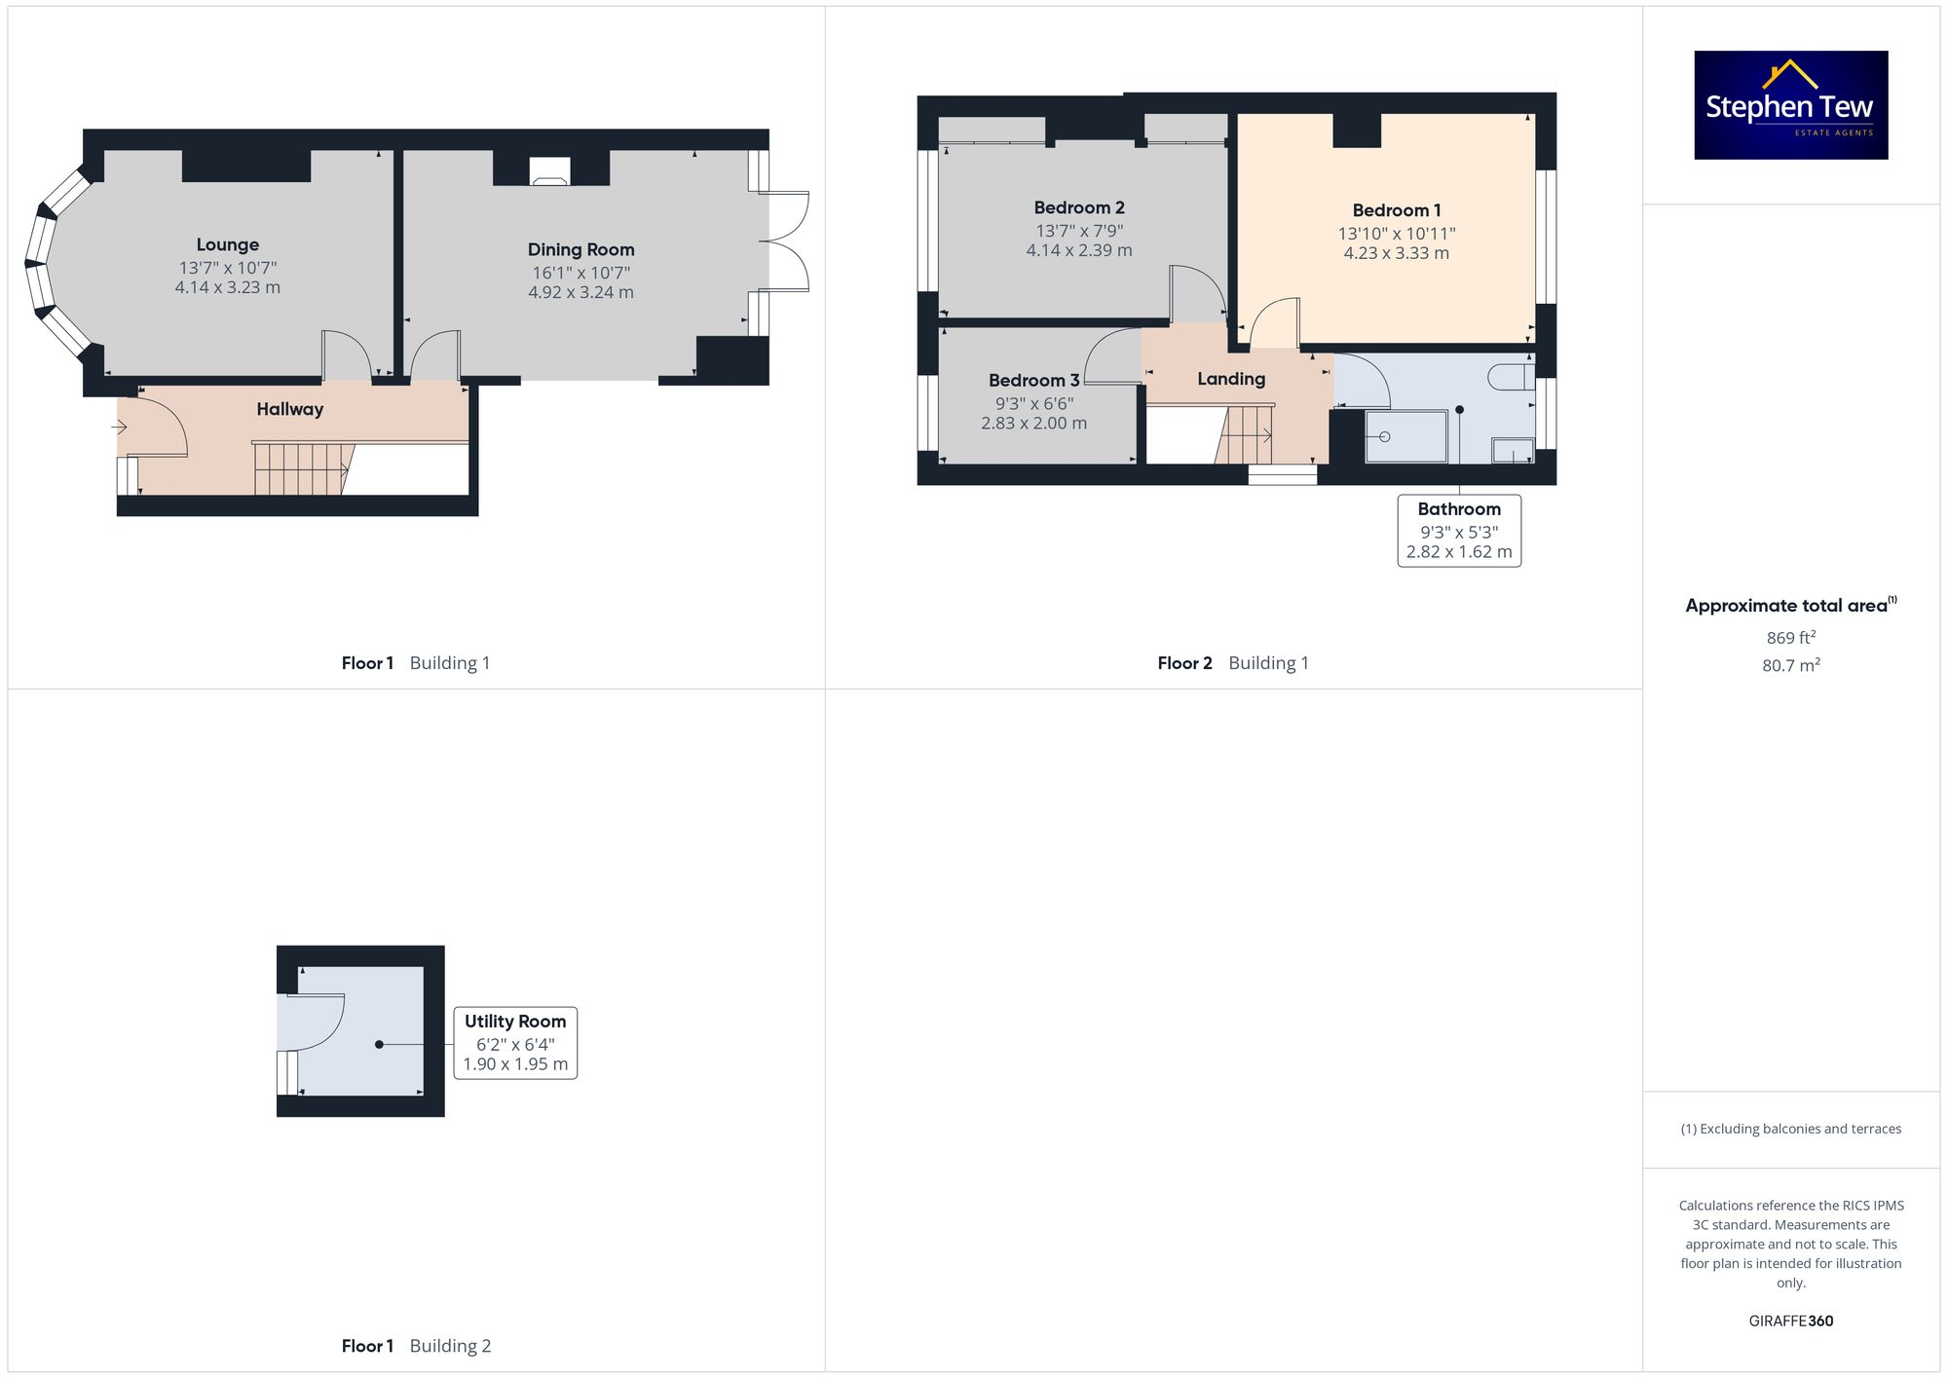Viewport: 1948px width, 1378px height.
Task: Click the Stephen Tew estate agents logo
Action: pyautogui.click(x=1790, y=105)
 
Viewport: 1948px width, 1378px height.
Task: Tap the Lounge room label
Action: pyautogui.click(x=227, y=244)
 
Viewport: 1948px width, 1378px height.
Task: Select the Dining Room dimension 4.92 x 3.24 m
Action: pyautogui.click(x=581, y=292)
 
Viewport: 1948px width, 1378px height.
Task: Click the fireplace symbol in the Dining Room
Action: pyautogui.click(x=550, y=172)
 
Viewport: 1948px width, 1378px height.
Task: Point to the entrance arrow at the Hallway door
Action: pyautogui.click(x=120, y=427)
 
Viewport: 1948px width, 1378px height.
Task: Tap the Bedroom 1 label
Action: pyautogui.click(x=1396, y=210)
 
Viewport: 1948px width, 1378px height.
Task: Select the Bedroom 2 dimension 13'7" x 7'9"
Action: pyautogui.click(x=1078, y=231)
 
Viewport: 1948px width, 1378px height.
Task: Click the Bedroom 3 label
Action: pyautogui.click(x=1033, y=381)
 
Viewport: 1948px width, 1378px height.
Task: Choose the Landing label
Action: pyautogui.click(x=1231, y=379)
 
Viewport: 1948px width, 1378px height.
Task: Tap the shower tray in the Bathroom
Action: pyautogui.click(x=1405, y=436)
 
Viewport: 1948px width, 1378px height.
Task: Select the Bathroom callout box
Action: pyautogui.click(x=1458, y=531)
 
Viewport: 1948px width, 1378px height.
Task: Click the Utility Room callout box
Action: pyautogui.click(x=515, y=1043)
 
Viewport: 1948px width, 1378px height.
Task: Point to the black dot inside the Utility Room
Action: pyautogui.click(x=379, y=1044)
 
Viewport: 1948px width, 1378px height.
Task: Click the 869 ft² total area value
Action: pyautogui.click(x=1790, y=638)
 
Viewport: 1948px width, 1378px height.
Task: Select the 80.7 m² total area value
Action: pyautogui.click(x=1790, y=665)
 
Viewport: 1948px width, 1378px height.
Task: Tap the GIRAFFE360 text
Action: pyautogui.click(x=1790, y=1321)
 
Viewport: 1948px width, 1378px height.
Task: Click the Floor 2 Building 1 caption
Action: pyautogui.click(x=1232, y=663)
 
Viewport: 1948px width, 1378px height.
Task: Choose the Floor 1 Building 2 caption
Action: pyautogui.click(x=416, y=1346)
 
